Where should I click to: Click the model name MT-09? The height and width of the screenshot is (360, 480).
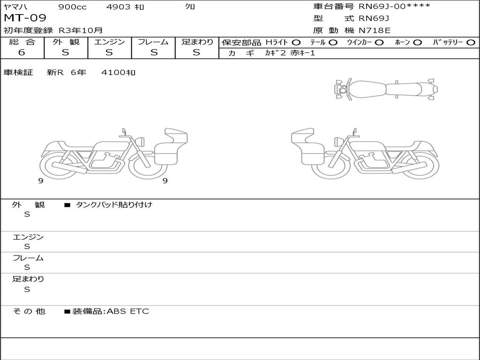[x=25, y=18]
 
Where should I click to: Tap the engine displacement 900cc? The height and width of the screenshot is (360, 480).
[x=73, y=7]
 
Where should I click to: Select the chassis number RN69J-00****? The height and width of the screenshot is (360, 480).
[x=394, y=6]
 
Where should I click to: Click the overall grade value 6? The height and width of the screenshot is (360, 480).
[x=22, y=52]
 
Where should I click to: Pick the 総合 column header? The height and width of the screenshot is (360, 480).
[x=22, y=42]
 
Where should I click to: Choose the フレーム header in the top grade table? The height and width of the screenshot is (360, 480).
[x=153, y=42]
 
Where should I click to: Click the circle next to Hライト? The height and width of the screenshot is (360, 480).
[x=296, y=43]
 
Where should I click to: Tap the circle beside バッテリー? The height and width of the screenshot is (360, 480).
[x=471, y=43]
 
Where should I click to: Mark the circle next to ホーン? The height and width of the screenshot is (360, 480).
[x=417, y=43]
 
